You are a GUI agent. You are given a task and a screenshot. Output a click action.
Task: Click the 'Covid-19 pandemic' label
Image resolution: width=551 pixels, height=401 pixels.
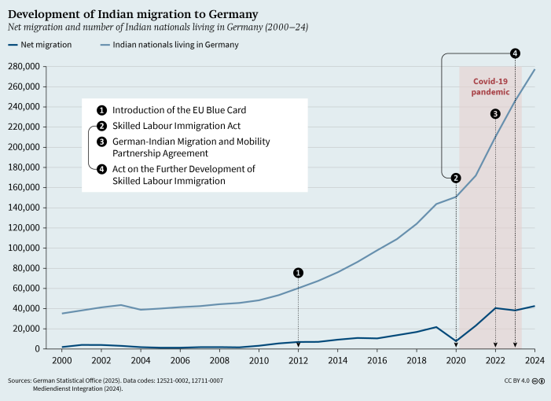490,86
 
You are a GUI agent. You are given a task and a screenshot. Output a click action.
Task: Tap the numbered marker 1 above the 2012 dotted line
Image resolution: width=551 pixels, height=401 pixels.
299,273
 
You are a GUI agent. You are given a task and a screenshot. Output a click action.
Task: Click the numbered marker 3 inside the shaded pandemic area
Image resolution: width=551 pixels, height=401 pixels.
495,114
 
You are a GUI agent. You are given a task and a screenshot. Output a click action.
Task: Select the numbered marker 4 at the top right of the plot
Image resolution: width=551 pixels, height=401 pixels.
515,53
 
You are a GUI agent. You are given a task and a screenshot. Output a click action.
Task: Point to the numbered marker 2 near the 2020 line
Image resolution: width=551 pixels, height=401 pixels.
456,177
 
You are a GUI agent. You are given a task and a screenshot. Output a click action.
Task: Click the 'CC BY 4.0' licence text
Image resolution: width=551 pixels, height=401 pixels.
516,380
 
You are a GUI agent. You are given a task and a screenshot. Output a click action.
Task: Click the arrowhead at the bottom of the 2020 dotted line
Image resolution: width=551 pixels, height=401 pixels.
456,345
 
